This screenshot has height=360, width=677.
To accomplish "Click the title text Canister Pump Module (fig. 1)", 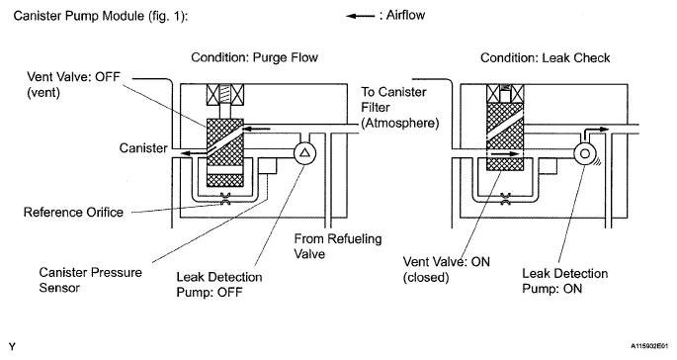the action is point(100,16).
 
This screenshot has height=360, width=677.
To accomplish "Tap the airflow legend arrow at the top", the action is point(361,17).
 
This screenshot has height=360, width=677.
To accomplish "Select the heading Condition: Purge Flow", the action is point(254,57).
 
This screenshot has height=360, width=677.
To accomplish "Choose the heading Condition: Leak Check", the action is point(545,58).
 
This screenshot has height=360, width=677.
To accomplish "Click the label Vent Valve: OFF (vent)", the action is point(73,84).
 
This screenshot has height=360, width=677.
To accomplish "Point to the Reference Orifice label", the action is point(73,213).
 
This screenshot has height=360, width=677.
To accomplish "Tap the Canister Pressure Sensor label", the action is point(90,280).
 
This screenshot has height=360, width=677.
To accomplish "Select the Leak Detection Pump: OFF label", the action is point(218,285).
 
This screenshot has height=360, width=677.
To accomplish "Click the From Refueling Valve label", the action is point(338,246).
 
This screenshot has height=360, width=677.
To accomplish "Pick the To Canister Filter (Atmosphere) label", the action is point(400,108).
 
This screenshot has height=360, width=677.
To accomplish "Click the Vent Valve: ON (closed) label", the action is point(447,269).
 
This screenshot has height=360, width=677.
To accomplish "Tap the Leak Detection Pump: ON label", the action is point(564,281).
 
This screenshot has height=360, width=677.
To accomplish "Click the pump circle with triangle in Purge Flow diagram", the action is point(304,153).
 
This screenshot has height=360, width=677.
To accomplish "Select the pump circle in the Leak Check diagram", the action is point(585,153).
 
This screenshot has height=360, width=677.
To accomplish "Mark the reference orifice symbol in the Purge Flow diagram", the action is point(225,199).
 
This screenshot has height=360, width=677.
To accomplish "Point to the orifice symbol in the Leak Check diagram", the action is point(505,199).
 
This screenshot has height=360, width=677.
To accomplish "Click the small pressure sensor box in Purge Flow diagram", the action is point(267,165).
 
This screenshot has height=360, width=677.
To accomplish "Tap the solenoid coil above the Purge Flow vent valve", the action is point(225,95).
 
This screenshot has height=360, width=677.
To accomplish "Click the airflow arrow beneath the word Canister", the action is point(193,152).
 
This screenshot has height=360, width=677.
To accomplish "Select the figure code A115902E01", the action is point(649,346).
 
